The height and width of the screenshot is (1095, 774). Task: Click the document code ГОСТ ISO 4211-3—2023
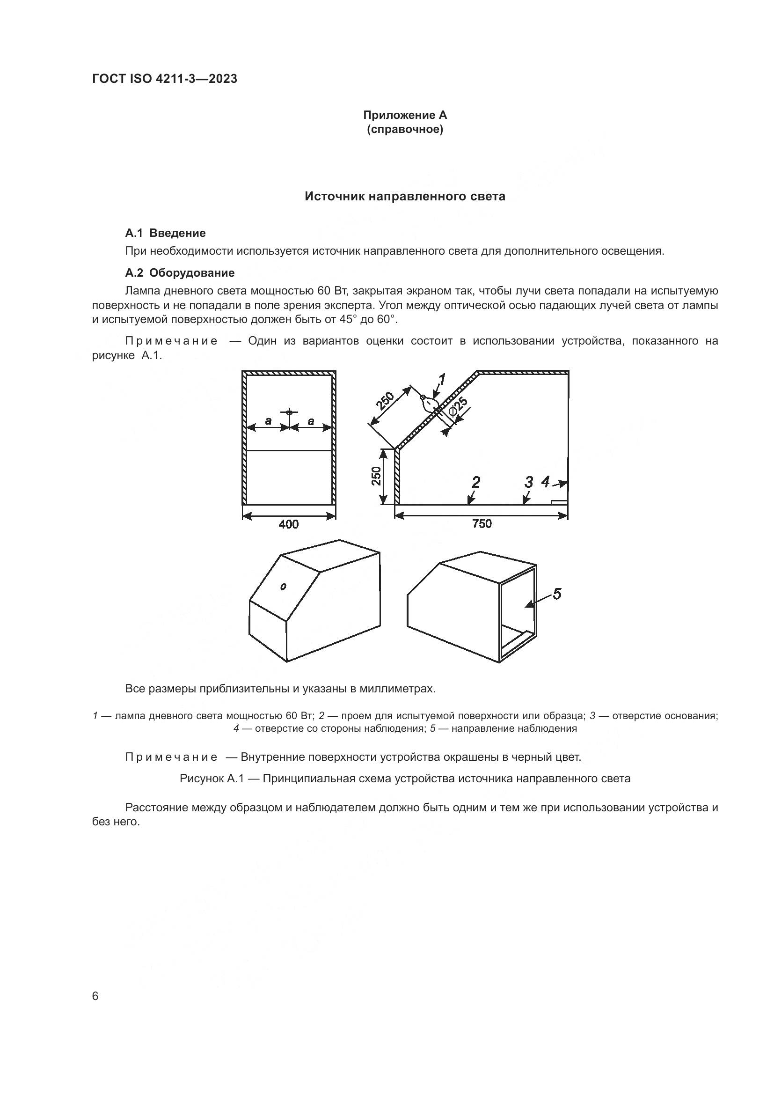pyautogui.click(x=164, y=79)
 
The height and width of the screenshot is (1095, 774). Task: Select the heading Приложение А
pyautogui.click(x=405, y=115)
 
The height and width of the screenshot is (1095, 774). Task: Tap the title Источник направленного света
pyautogui.click(x=405, y=197)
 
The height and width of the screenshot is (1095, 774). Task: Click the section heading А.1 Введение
pyautogui.click(x=165, y=233)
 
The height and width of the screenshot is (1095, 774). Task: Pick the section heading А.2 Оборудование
pyautogui.click(x=180, y=273)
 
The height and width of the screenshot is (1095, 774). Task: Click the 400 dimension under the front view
pyautogui.click(x=288, y=524)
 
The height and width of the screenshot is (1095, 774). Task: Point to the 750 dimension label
pyautogui.click(x=482, y=524)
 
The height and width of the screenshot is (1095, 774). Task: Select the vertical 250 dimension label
pyautogui.click(x=377, y=476)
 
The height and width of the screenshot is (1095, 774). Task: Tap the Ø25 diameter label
pyautogui.click(x=459, y=406)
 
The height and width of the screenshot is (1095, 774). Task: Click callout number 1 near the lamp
pyautogui.click(x=441, y=380)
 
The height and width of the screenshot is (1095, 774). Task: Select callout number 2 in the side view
pyautogui.click(x=475, y=482)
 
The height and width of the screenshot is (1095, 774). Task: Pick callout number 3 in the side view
pyautogui.click(x=528, y=482)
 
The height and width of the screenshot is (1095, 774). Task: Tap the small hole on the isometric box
pyautogui.click(x=283, y=587)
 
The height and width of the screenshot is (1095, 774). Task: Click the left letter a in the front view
pyautogui.click(x=268, y=421)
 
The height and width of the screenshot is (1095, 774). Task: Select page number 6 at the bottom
pyautogui.click(x=95, y=996)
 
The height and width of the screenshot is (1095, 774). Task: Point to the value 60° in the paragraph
pyautogui.click(x=387, y=320)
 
